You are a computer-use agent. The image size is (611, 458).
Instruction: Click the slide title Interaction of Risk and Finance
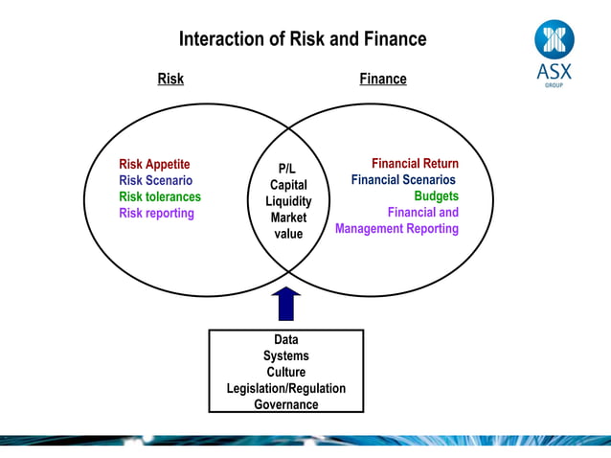click(302, 39)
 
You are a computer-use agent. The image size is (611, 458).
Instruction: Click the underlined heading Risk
click(170, 79)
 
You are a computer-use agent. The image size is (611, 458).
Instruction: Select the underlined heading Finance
click(383, 79)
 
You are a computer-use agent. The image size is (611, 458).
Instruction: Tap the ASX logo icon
click(554, 40)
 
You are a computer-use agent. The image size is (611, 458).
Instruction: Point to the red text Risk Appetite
click(154, 164)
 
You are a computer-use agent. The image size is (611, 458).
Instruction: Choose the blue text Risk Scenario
click(155, 180)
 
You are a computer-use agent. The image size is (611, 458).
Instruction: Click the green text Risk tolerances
click(160, 196)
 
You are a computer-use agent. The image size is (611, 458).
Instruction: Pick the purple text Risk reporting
click(156, 213)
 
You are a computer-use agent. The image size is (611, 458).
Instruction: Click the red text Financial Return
click(415, 164)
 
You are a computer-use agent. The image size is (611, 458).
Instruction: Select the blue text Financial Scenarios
click(403, 180)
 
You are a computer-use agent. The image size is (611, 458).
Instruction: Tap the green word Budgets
click(436, 196)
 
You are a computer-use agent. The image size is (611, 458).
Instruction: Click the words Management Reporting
click(396, 229)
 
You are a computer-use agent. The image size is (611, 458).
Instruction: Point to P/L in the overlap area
click(287, 169)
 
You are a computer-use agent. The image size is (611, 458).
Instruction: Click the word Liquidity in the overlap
click(288, 201)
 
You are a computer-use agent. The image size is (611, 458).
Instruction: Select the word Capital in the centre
click(288, 185)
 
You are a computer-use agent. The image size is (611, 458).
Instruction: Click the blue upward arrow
click(287, 303)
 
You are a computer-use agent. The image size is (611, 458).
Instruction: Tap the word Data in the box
click(286, 339)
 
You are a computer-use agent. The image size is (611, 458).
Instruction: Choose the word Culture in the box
click(286, 372)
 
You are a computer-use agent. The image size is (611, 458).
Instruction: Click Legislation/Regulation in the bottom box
click(286, 388)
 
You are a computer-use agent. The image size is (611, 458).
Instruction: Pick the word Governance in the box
click(286, 404)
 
